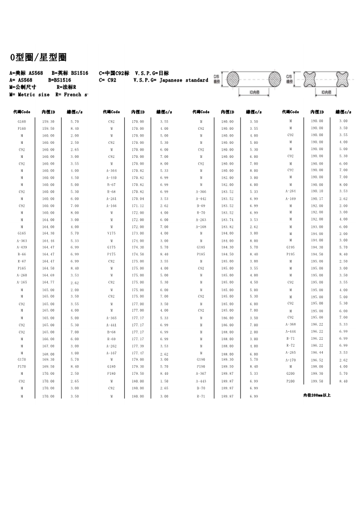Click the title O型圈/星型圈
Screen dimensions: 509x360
39,58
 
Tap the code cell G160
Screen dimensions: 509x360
22,122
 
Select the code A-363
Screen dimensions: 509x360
22,240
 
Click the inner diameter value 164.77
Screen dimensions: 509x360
48,282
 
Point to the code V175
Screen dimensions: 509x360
111,233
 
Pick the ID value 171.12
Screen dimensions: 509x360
138,206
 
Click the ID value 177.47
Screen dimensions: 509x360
138,353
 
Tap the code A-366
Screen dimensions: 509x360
201,192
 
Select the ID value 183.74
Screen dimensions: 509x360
227,220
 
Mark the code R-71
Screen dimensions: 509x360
201,396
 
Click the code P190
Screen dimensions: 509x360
201,367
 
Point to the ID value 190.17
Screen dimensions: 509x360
317,199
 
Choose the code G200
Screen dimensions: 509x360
291,374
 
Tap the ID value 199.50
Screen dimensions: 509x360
317,381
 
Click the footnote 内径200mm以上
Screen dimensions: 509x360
317,395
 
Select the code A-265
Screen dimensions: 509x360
291,352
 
